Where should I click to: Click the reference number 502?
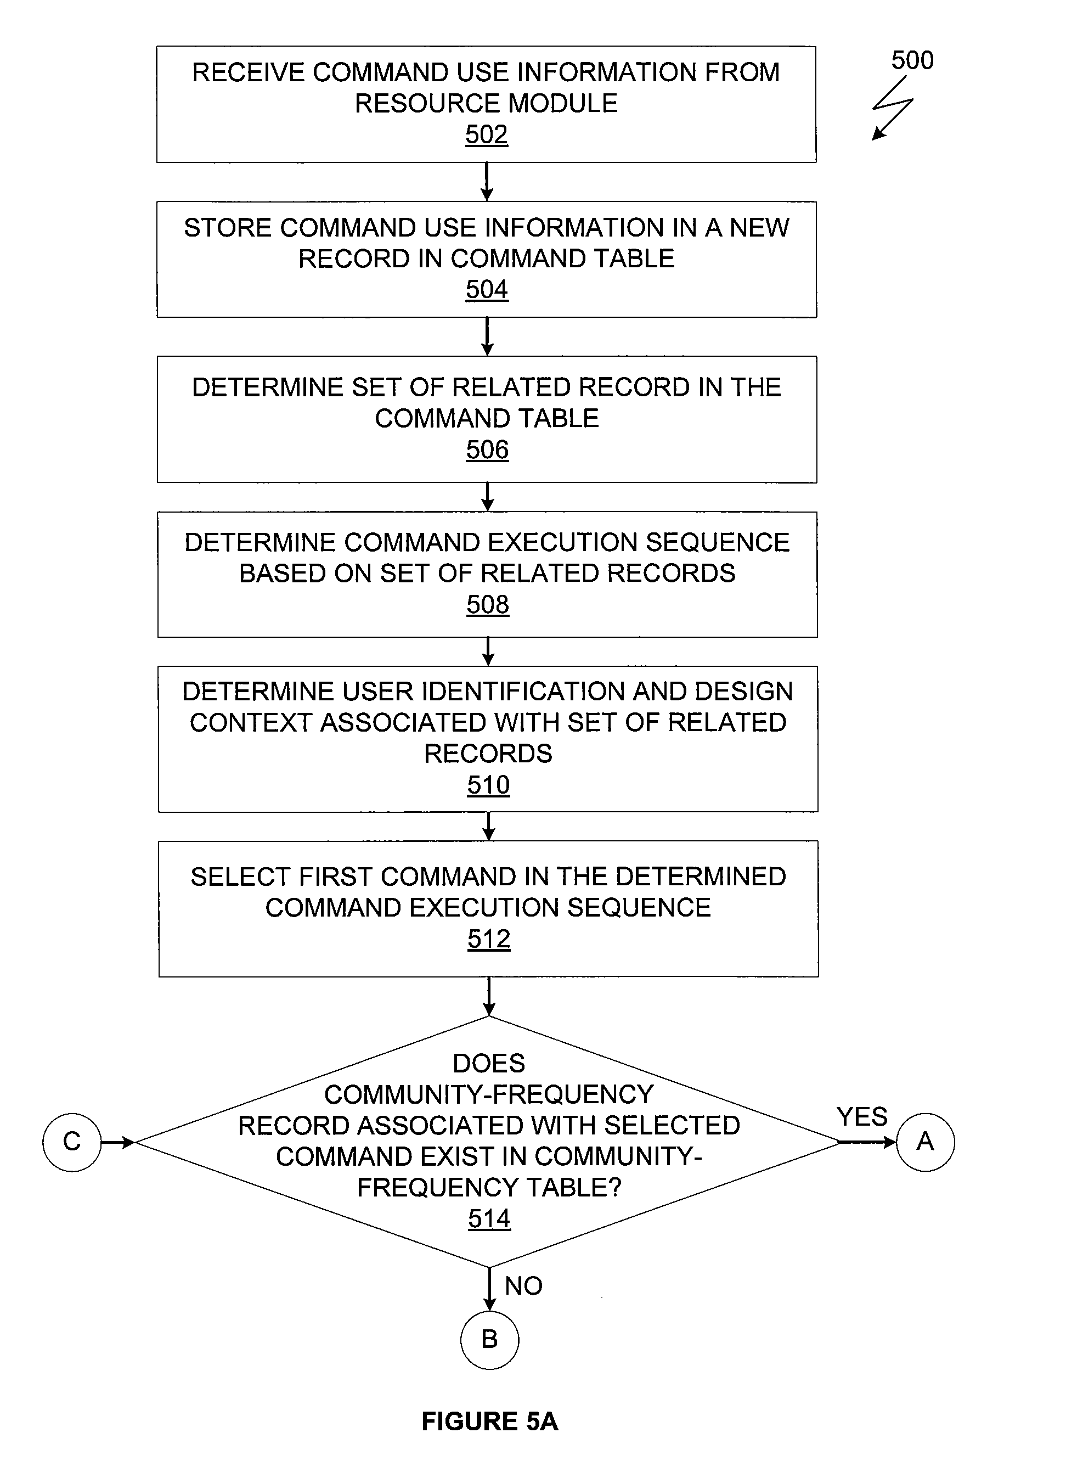coord(487,134)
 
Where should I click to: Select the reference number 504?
coord(487,290)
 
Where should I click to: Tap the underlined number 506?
coord(487,450)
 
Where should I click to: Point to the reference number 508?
coord(488,604)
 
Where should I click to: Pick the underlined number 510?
coord(488,785)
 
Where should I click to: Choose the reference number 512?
coord(489,939)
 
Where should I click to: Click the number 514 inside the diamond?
coord(489,1218)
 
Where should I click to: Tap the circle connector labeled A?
coord(925,1142)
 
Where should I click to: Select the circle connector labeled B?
coord(490,1340)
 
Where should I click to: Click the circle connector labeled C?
coord(72,1142)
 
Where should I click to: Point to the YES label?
coord(862,1116)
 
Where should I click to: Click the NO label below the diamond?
coord(524,1286)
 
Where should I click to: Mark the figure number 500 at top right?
coord(912,60)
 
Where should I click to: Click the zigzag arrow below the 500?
coord(892,108)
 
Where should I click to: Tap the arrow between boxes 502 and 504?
coord(487,182)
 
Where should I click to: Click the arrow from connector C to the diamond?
coord(119,1142)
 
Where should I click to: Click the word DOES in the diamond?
coord(489,1064)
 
